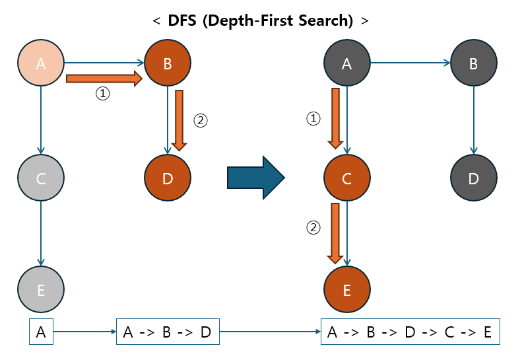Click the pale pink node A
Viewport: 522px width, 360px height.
(x=41, y=63)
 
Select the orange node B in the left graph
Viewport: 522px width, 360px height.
(x=167, y=63)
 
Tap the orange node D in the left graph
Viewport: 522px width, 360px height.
(x=167, y=178)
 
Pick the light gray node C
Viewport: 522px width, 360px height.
(x=41, y=178)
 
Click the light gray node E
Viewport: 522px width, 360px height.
(x=41, y=289)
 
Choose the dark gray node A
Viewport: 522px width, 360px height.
(x=347, y=63)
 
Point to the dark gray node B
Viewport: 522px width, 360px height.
(x=473, y=63)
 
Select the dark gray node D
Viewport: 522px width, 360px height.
(x=473, y=178)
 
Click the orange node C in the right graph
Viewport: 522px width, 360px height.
(x=347, y=178)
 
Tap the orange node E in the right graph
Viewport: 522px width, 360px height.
(x=347, y=289)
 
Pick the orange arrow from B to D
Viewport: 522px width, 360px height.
(x=179, y=120)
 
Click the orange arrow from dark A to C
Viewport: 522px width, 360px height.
(x=335, y=118)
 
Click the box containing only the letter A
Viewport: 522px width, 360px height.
(x=41, y=332)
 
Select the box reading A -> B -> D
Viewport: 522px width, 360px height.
(x=168, y=332)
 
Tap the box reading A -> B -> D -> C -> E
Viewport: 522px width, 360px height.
(x=410, y=332)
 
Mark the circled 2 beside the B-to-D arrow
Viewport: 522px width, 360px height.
(x=200, y=121)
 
